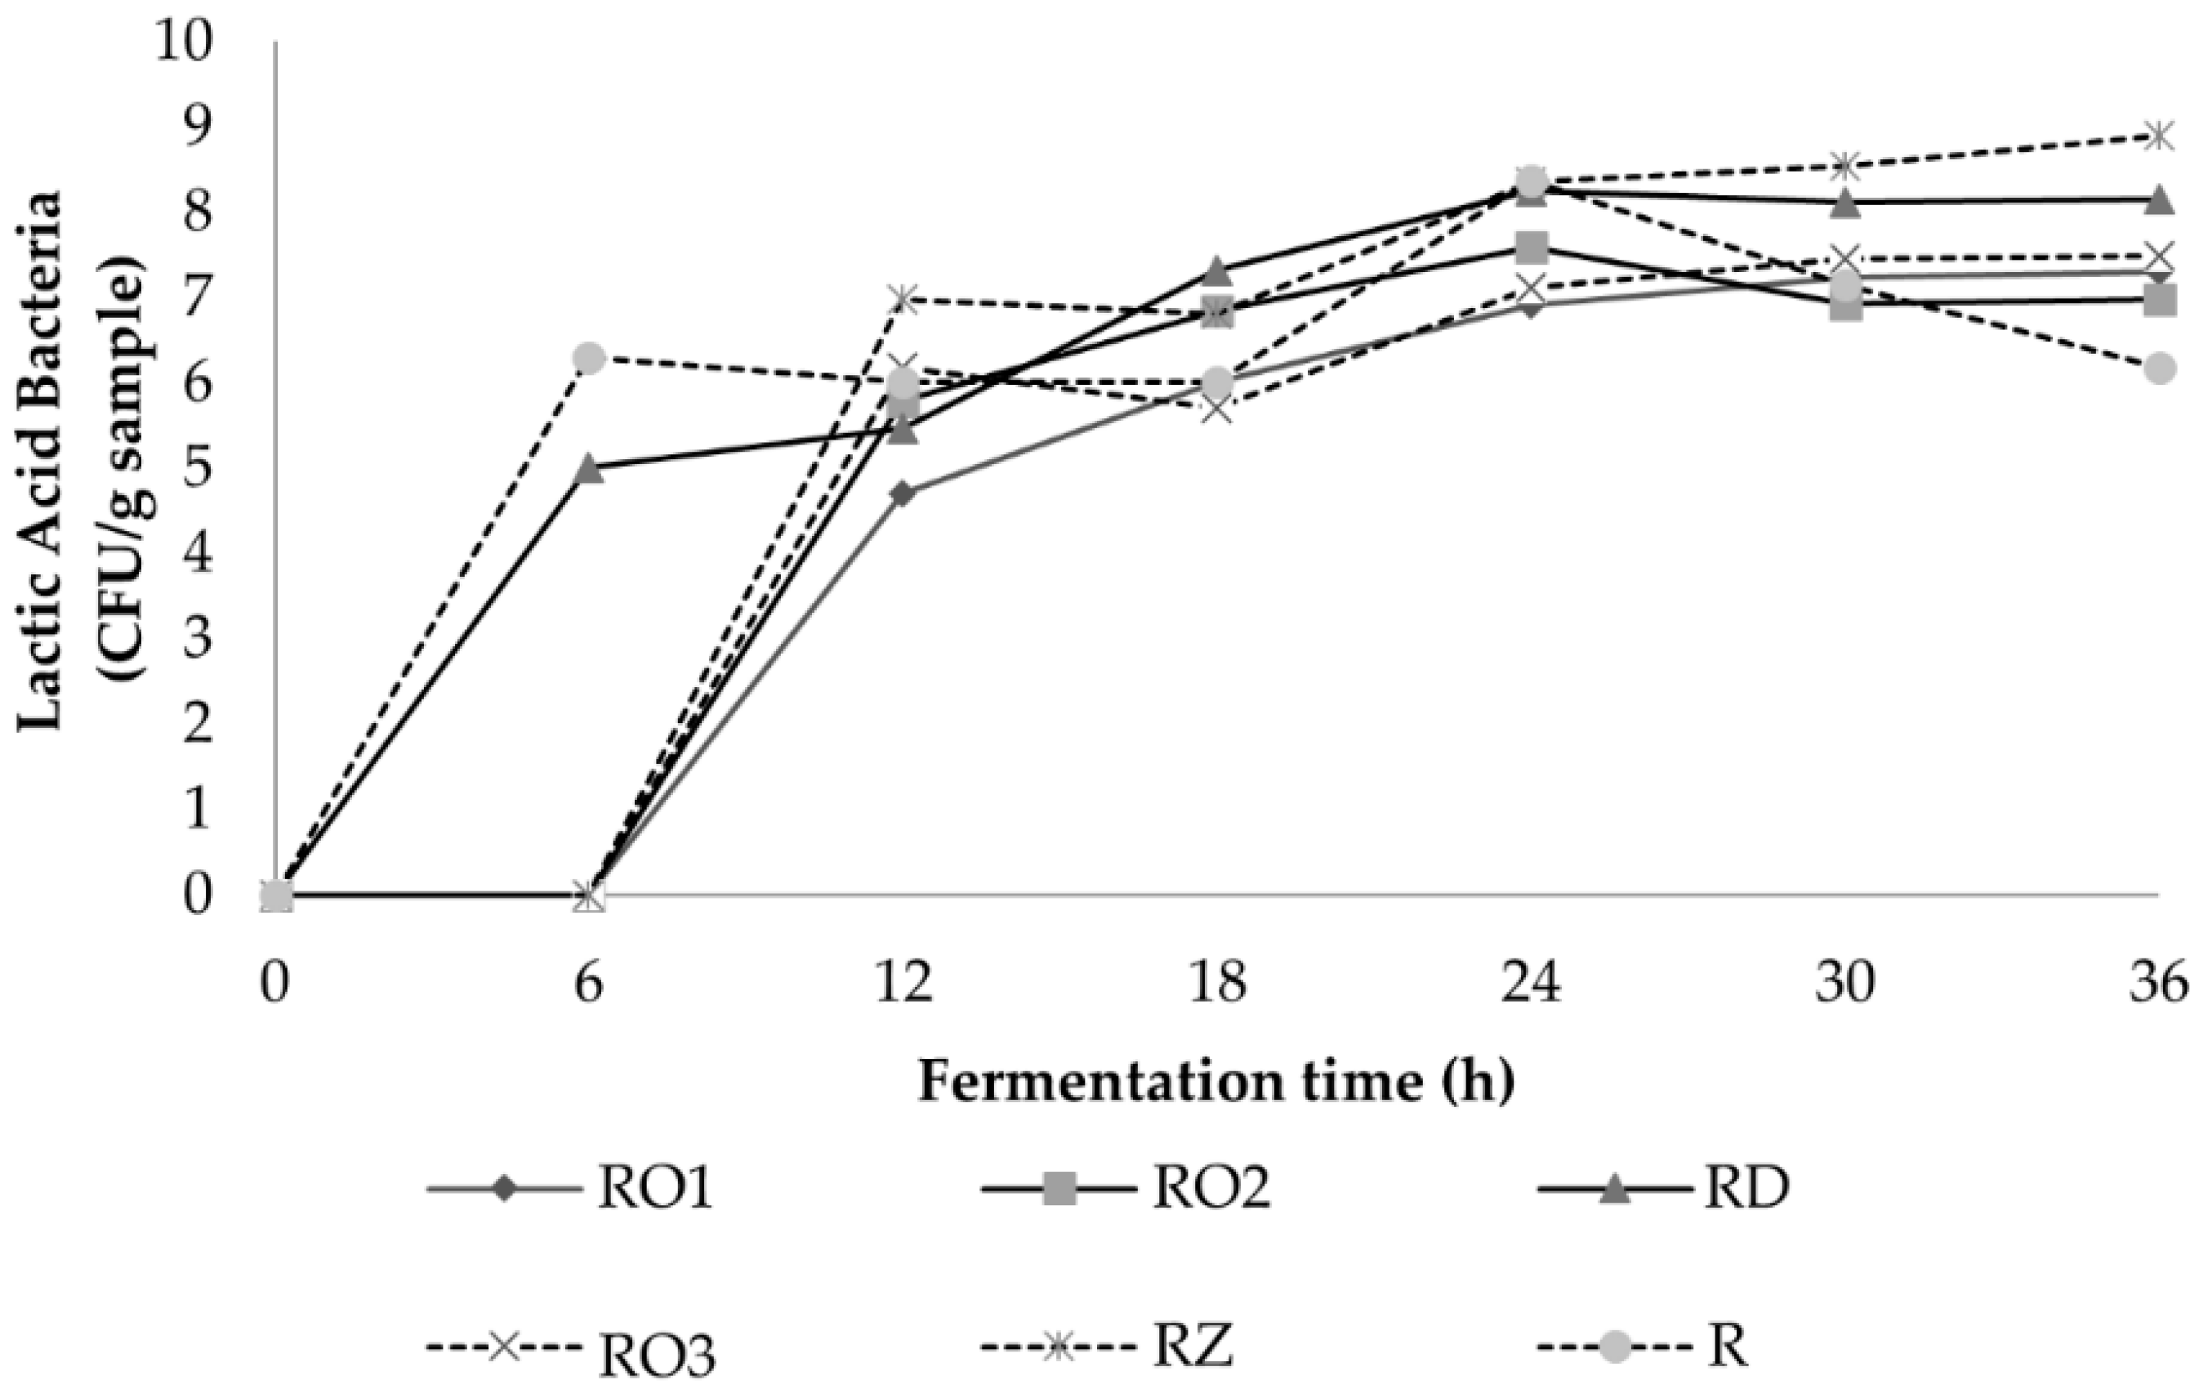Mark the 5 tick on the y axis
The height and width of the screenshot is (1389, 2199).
[199, 468]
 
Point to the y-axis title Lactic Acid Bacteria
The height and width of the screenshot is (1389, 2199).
[41, 461]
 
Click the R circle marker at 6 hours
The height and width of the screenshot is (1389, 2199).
[589, 357]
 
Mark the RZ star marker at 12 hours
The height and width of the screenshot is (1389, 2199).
[903, 298]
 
